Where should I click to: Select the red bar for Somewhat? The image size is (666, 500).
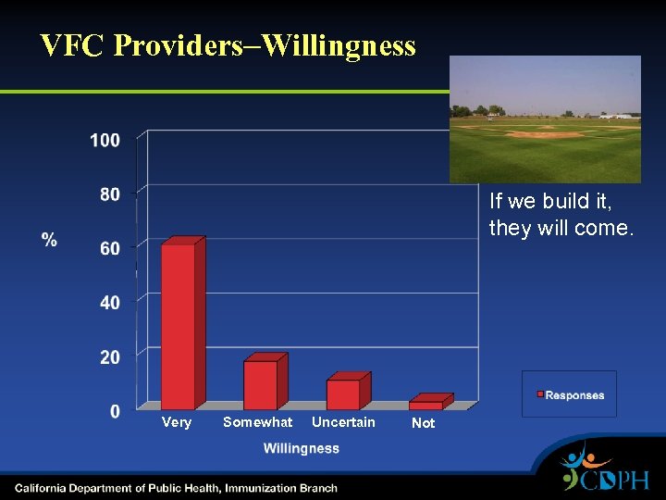[x=261, y=384]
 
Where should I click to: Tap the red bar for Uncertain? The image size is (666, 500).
[x=343, y=394]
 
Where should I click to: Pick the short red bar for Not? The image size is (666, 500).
[x=426, y=405]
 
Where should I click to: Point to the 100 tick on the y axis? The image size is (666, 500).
[x=105, y=140]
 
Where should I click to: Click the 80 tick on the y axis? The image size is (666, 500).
[x=109, y=194]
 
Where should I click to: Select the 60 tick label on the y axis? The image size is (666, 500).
[x=109, y=248]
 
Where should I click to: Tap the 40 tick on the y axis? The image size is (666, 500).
[x=109, y=303]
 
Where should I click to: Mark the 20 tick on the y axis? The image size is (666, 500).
[x=109, y=357]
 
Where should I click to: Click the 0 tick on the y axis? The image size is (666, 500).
[x=114, y=411]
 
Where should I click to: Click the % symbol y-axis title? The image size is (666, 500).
[x=49, y=240]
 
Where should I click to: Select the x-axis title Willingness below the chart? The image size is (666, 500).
[x=301, y=448]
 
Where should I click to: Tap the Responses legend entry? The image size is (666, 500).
[x=569, y=395]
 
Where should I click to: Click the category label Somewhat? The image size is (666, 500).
[x=257, y=422]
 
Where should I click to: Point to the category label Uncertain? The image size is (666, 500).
[x=343, y=422]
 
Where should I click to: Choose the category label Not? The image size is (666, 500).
[x=423, y=423]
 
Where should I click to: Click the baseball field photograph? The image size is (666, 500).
[x=545, y=119]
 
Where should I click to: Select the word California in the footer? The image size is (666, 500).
[x=43, y=488]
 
